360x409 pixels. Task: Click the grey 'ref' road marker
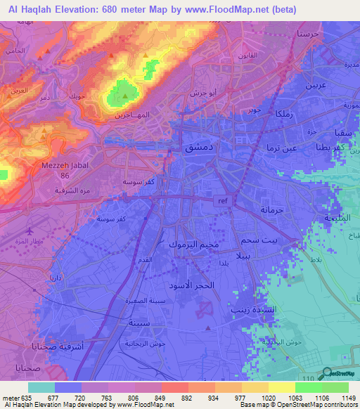[224, 200]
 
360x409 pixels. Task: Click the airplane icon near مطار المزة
[30, 231]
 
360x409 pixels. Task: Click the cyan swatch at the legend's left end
[41, 387]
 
